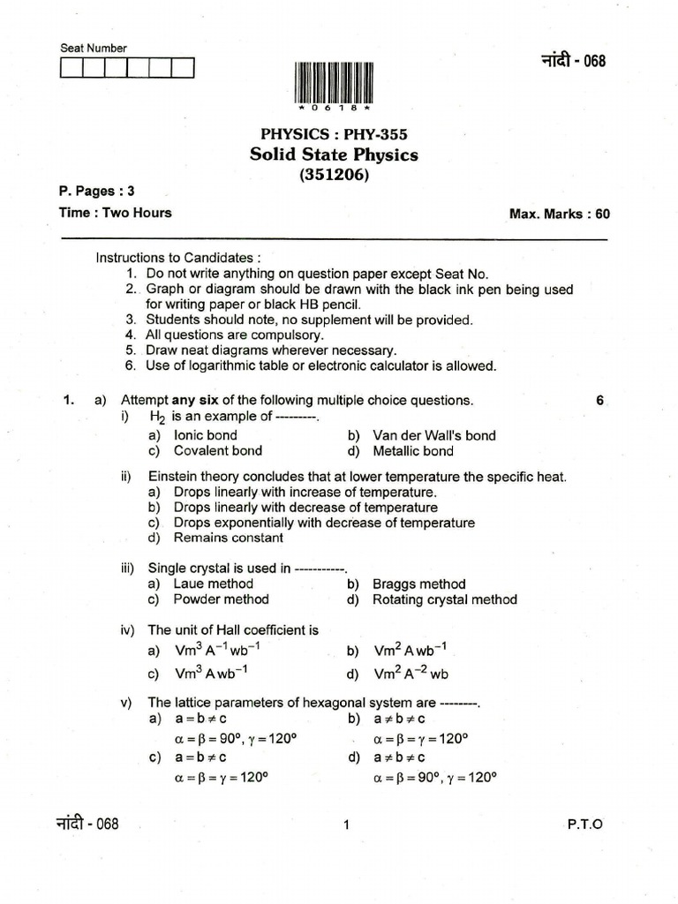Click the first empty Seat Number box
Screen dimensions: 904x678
72,69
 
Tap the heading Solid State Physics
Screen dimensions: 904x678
335,155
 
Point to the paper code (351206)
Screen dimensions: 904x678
335,175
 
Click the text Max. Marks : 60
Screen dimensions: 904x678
559,214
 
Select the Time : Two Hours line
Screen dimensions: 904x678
115,212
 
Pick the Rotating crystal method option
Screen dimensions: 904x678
444,599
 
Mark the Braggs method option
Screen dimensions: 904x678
418,584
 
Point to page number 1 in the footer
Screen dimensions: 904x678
346,825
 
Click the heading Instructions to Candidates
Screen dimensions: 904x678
178,259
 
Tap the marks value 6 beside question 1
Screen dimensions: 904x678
599,400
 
